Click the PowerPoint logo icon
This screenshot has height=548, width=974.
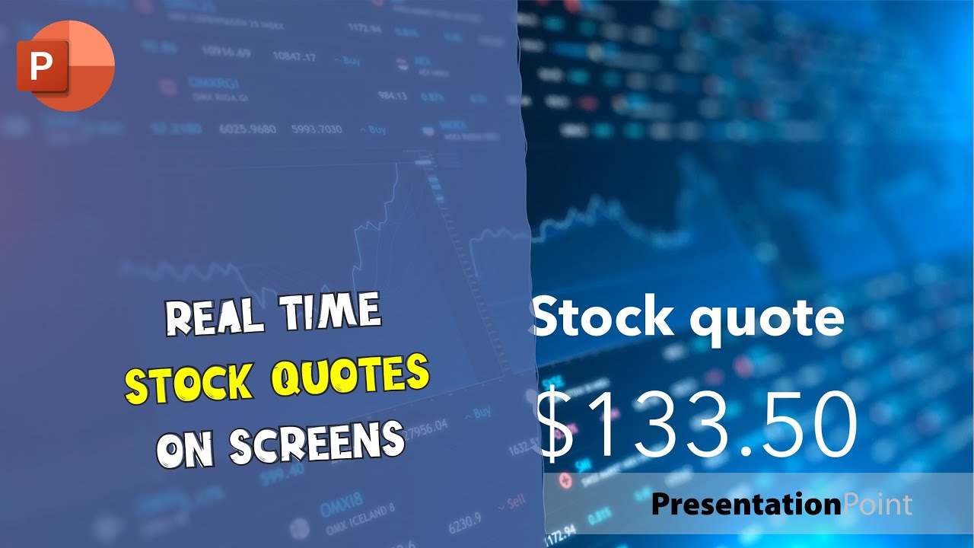pos(65,65)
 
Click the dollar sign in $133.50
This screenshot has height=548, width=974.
pos(558,425)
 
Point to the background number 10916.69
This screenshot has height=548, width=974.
pos(226,53)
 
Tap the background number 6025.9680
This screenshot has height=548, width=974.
pos(247,130)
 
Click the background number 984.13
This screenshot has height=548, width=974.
pos(392,96)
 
